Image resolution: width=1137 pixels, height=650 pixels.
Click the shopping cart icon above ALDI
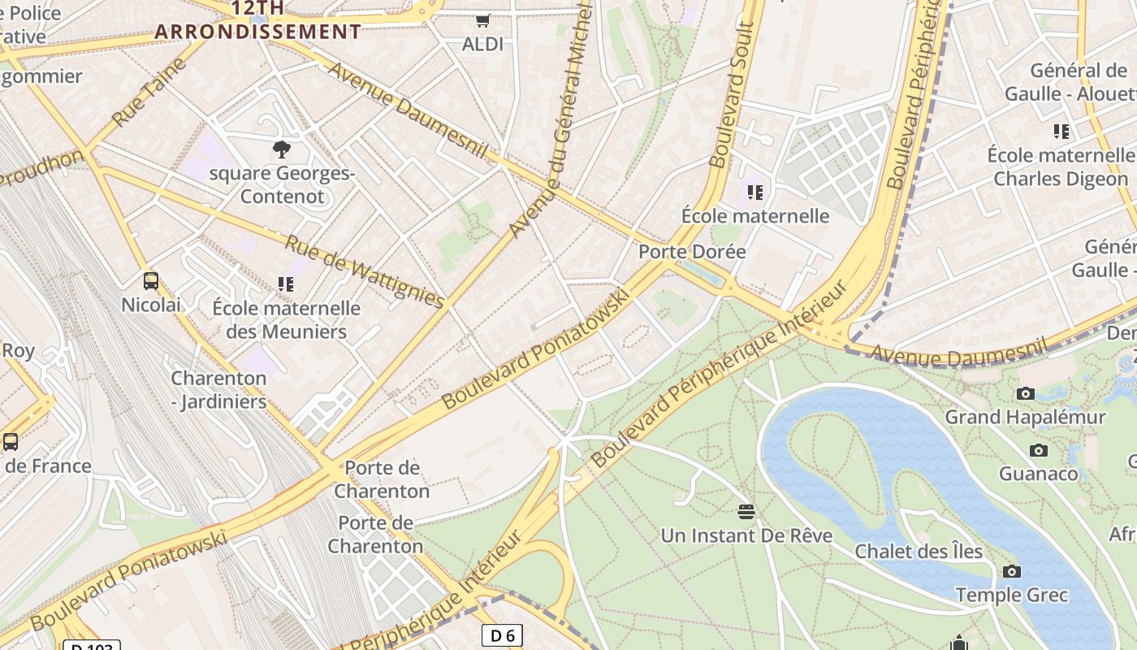pos(483,19)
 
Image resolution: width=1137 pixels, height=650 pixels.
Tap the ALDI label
pos(483,44)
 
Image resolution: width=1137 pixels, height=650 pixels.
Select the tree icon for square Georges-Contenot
pos(282,149)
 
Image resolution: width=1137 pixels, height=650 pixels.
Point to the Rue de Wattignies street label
pos(365,272)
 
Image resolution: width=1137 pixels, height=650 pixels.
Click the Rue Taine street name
pos(149,102)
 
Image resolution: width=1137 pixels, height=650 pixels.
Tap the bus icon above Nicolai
pos(151,281)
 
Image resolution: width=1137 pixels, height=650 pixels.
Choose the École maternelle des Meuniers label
pos(286,320)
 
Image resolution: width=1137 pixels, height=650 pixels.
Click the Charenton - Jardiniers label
pos(218,390)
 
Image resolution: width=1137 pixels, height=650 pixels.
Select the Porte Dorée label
pos(692,252)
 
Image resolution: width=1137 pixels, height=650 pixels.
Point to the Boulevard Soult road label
pos(731,96)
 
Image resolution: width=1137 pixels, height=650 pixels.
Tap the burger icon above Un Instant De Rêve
pos(746,512)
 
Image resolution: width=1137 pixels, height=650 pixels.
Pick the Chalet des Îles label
pos(919,552)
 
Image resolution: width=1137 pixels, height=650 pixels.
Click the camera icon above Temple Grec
pos(1011,571)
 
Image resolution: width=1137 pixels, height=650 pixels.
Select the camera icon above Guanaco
pos(1038,450)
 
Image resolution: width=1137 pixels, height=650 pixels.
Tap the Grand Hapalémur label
pos(1025,418)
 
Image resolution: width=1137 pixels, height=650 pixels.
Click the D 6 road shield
pos(502,635)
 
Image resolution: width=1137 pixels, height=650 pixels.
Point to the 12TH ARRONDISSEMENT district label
pos(258,21)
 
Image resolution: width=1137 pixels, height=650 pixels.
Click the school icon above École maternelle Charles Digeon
pos(1061,131)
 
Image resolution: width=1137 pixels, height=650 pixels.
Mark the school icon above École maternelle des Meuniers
pos(285,284)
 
